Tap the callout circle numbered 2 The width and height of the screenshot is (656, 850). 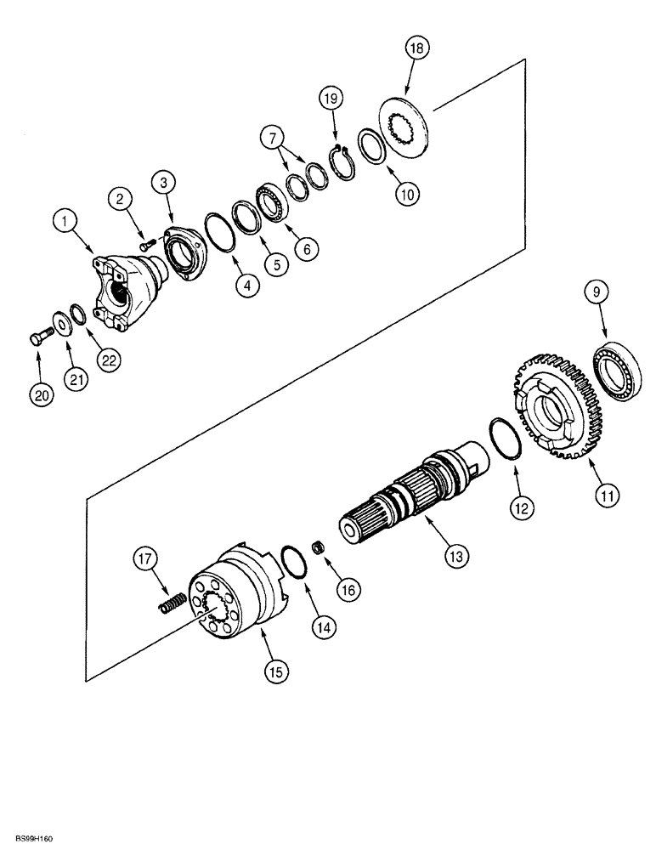[122, 200]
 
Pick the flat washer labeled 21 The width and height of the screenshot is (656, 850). [60, 324]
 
